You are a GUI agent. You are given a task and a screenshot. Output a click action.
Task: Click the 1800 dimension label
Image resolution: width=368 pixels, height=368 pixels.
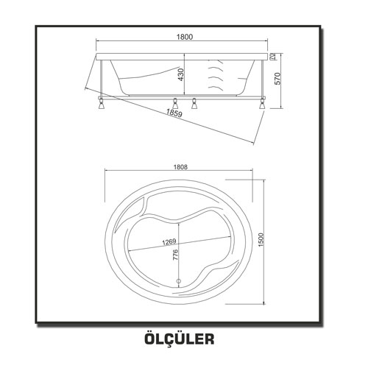[185, 37]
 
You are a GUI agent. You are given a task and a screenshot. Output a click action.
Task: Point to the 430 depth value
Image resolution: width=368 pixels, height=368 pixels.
[180, 75]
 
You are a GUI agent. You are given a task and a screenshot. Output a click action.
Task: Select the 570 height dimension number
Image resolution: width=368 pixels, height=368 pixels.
[277, 79]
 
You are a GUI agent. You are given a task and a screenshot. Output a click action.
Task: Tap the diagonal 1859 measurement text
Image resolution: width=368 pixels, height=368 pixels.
[174, 113]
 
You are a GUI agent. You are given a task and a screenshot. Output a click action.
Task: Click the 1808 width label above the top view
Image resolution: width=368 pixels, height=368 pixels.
[180, 167]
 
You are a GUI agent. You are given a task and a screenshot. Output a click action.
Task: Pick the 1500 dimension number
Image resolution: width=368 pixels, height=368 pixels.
[261, 240]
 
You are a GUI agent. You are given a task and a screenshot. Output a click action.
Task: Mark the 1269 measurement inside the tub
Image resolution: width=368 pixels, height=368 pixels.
[169, 241]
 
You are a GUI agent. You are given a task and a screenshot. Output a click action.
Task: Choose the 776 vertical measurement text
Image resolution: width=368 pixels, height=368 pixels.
[175, 255]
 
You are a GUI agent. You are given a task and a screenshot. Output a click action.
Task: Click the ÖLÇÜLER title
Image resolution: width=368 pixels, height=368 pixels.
[180, 339]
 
